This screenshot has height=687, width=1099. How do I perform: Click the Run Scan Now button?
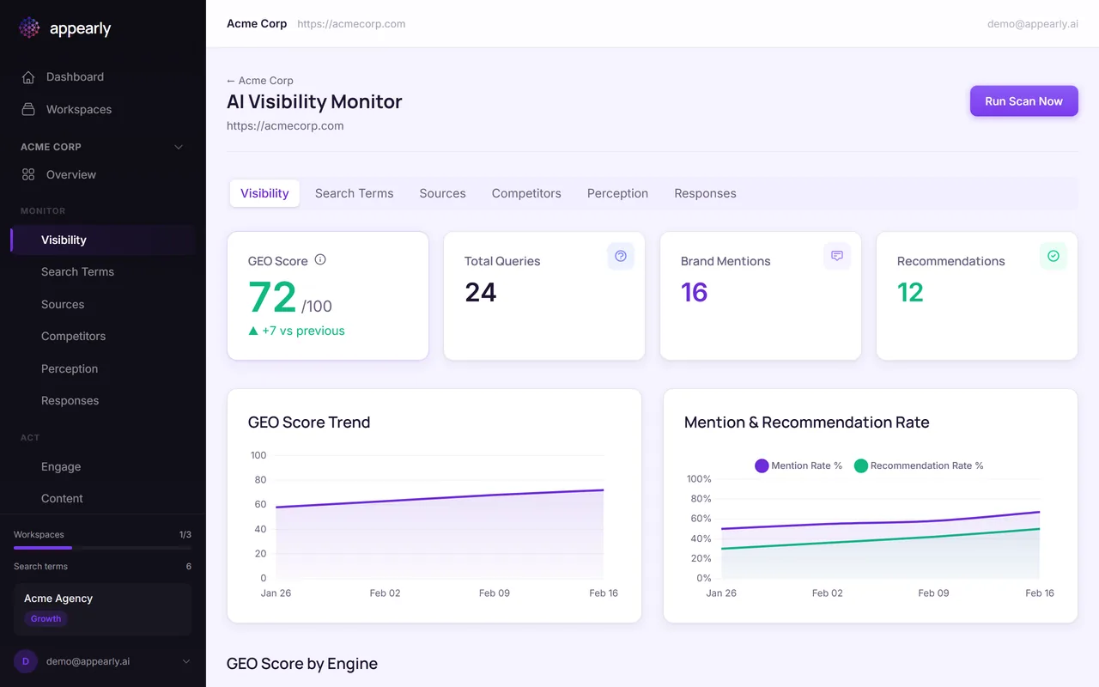pos(1023,101)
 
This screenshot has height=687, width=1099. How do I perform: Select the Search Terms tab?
pos(354,193)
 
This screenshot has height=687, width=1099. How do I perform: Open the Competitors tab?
pos(526,193)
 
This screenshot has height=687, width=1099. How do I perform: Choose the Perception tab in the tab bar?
pos(617,193)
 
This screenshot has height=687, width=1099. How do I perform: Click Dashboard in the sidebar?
pos(75,77)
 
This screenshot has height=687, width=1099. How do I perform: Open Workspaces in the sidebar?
pos(78,110)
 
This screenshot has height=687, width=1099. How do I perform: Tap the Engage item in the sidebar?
pos(61,467)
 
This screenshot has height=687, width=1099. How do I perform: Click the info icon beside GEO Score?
pos(320,259)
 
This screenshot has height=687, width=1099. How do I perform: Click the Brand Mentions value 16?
pos(695,293)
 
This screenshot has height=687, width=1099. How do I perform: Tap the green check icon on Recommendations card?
pos(1053,256)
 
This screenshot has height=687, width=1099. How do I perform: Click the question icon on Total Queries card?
pos(621,256)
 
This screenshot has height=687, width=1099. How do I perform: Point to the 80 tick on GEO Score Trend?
pos(260,480)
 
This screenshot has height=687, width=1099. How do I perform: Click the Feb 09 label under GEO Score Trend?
pos(493,593)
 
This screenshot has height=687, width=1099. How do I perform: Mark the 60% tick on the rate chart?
pos(701,519)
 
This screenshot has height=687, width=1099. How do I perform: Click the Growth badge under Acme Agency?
pos(46,618)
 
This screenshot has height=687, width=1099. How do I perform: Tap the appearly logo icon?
pos(29,28)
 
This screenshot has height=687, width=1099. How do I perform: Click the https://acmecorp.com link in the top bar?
pos(351,24)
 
